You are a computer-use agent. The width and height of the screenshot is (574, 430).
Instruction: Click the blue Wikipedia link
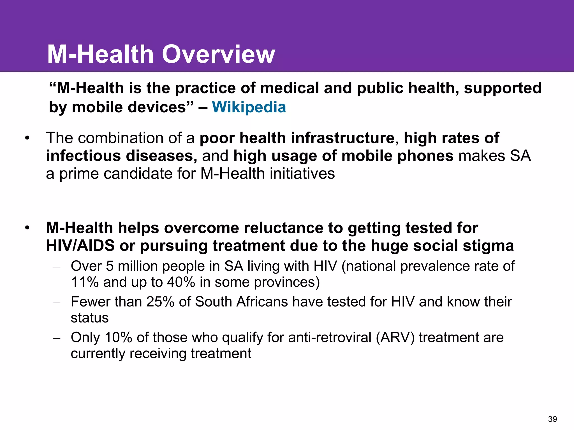coord(249,107)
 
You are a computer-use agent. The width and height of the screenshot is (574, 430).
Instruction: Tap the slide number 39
coord(552,419)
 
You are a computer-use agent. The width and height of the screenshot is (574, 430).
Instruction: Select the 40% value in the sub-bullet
coord(181,282)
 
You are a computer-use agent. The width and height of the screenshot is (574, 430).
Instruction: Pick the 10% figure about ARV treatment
coord(118,338)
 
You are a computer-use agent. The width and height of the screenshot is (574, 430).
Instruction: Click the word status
coord(90,318)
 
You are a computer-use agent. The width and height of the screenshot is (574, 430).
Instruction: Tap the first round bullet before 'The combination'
coord(27,138)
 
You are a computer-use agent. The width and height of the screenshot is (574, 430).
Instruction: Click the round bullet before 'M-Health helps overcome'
coord(27,228)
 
